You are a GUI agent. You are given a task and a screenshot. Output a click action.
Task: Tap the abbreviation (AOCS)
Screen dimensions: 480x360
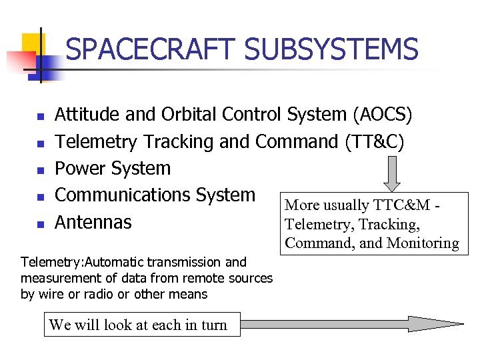[382, 115]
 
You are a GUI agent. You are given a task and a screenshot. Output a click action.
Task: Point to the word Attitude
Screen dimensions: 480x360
[87, 115]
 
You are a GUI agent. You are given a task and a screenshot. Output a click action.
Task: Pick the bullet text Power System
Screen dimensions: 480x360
[113, 168]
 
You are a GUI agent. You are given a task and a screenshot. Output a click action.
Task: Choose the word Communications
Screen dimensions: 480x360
[123, 195]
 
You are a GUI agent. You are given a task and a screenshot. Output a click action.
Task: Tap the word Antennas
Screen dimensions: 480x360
[93, 222]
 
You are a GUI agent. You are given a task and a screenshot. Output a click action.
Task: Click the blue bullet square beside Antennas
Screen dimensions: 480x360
[40, 225]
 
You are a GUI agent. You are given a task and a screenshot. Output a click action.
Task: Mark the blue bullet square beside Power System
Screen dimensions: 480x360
[40, 171]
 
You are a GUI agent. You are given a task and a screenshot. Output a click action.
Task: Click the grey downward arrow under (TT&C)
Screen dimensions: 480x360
[393, 173]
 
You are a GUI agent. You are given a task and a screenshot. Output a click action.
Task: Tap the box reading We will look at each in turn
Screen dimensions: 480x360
[138, 325]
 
